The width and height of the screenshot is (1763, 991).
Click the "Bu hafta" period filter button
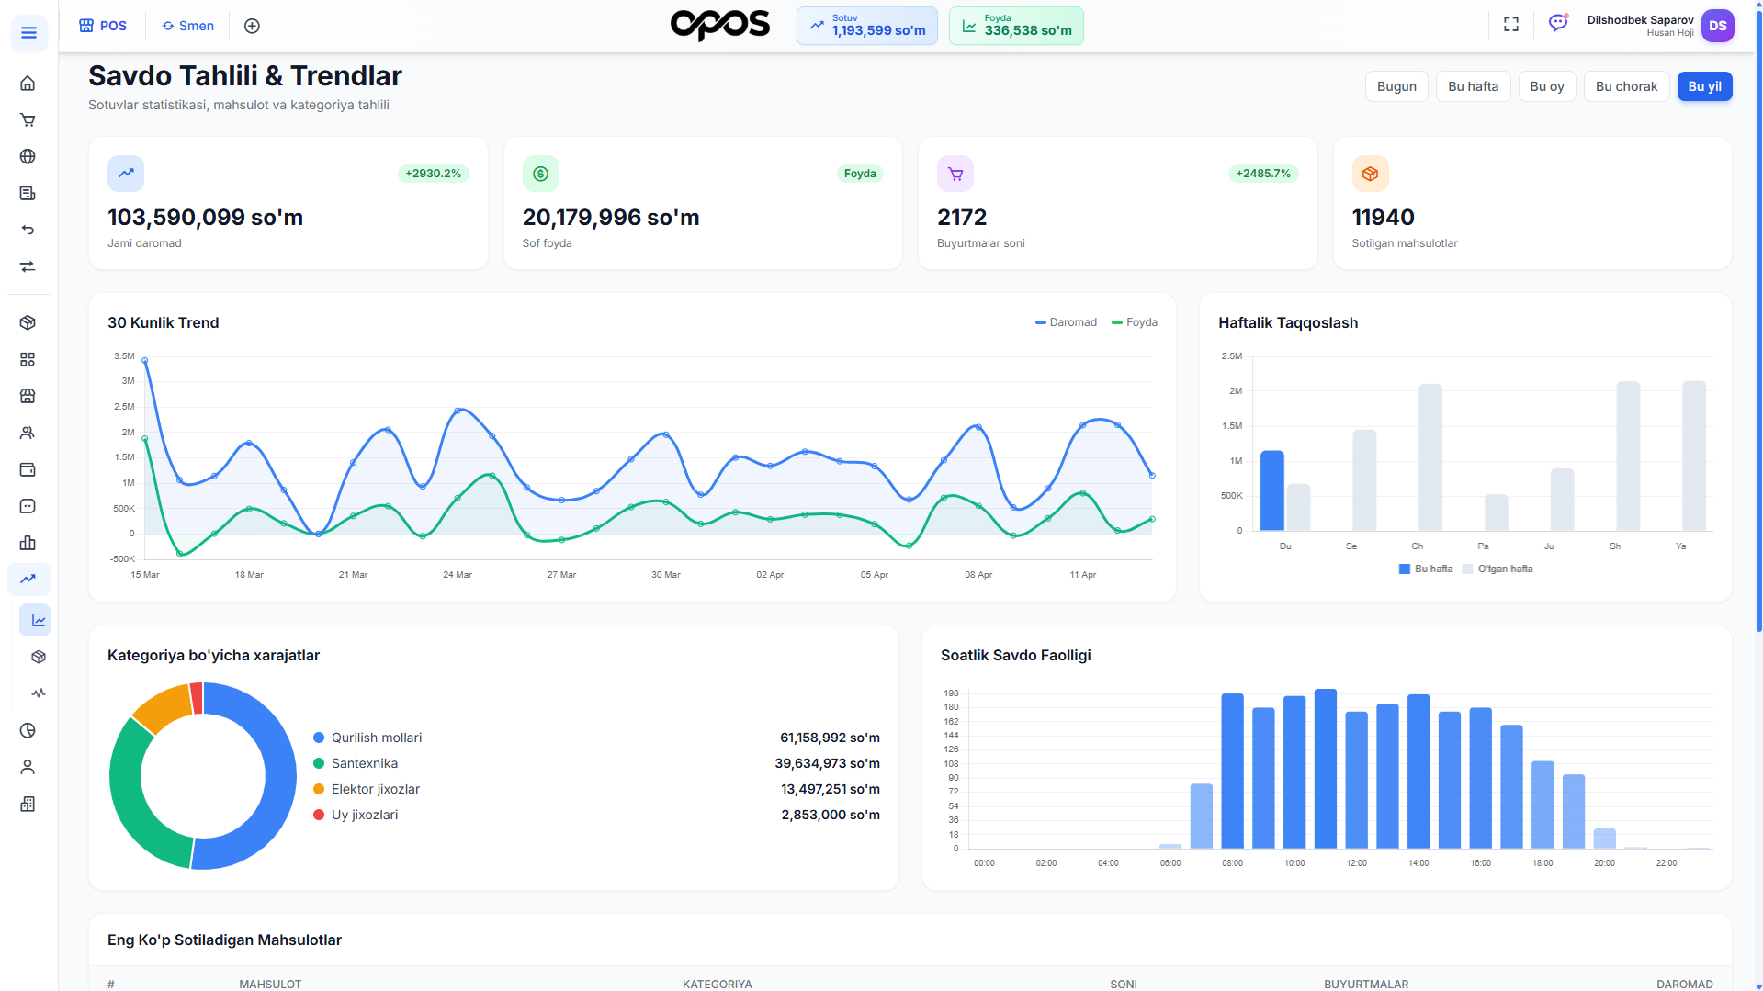point(1473,86)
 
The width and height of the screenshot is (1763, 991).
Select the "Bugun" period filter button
point(1396,86)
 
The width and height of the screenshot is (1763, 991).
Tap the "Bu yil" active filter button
point(1704,86)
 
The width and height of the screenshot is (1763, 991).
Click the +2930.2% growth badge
point(434,174)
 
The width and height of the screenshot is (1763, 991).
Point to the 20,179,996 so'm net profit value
point(611,218)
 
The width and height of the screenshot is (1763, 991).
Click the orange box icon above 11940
point(1370,174)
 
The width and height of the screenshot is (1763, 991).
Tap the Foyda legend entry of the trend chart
point(1135,322)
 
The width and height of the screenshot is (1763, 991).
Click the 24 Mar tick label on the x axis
point(458,575)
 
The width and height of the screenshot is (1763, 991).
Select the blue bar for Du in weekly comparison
point(1272,490)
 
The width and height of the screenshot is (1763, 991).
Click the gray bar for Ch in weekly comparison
point(1430,457)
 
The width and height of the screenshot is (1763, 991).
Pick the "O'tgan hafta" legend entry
point(1498,569)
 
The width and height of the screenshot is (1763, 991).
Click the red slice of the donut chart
point(197,698)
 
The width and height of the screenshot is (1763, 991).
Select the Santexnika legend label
point(365,763)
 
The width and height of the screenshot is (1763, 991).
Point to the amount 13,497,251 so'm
point(831,789)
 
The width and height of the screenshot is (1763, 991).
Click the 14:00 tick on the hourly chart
point(1418,863)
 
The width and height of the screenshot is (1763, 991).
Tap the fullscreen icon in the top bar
point(1511,25)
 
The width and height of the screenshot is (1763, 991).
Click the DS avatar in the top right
point(1717,26)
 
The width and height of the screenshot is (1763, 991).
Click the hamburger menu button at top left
point(28,33)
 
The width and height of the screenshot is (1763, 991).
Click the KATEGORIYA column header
point(718,985)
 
